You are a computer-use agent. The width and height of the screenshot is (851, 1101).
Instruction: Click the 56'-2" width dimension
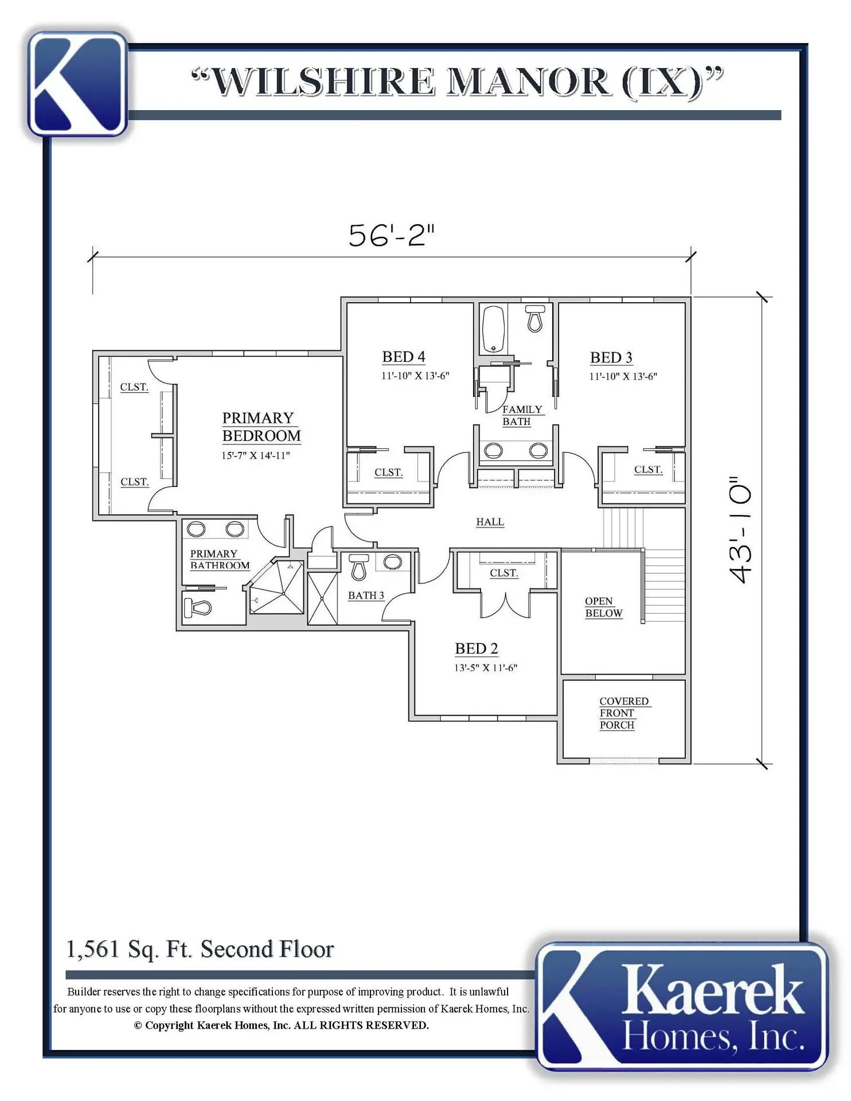392,235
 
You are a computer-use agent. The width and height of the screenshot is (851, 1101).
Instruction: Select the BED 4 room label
404,357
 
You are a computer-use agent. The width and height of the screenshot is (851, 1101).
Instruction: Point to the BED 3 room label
611,357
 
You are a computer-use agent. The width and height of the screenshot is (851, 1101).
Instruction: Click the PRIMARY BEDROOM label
261,427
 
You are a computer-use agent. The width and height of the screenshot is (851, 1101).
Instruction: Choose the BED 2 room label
477,649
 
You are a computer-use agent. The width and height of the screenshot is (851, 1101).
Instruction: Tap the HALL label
490,522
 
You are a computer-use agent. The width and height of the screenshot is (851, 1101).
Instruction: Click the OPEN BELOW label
603,607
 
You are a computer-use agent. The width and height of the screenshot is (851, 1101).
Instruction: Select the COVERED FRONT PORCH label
624,713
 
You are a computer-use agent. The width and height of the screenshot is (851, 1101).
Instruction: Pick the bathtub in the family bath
494,329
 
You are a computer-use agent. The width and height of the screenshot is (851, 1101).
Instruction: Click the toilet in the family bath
535,318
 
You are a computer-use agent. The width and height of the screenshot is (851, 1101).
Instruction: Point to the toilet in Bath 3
359,567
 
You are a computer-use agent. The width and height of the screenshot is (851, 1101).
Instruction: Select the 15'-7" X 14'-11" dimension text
256,455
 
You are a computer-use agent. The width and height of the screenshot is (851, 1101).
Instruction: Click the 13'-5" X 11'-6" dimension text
486,667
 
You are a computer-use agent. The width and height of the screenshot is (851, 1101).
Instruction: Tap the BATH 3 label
366,595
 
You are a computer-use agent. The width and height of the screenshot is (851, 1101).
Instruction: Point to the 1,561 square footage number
92,949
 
